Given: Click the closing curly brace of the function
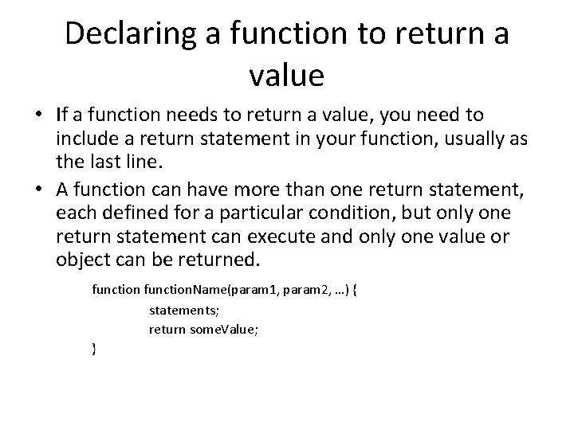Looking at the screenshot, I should [95, 349].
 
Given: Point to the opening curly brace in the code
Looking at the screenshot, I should [355, 290].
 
